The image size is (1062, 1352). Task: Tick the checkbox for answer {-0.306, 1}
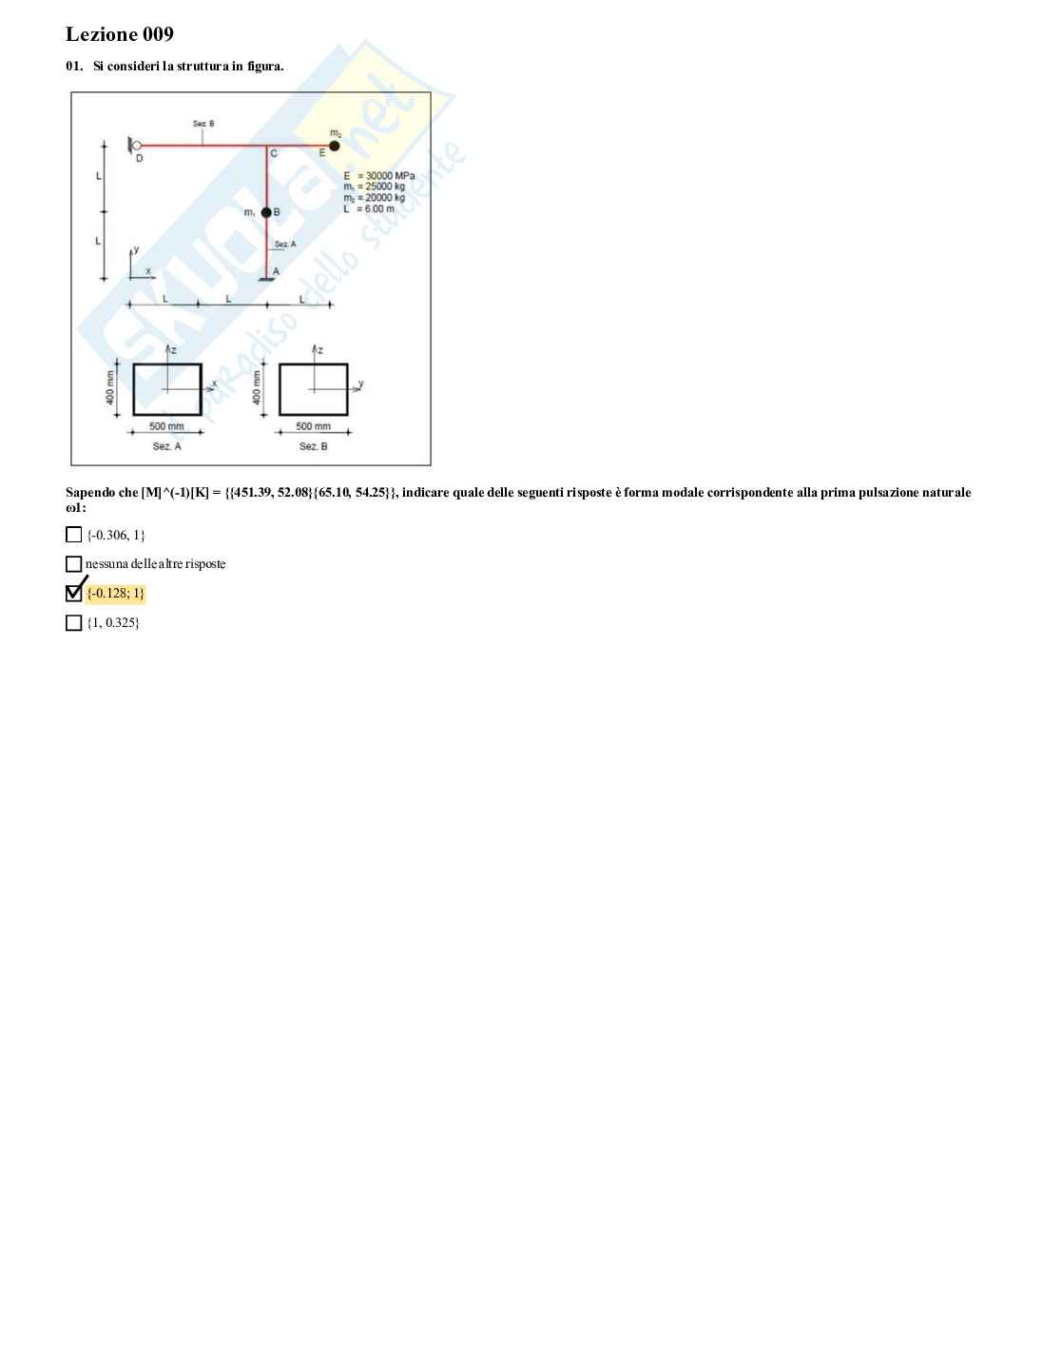73,535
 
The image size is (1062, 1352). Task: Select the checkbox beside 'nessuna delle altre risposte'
73,563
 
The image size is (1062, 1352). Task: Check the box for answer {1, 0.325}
73,623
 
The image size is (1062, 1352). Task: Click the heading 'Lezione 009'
120,33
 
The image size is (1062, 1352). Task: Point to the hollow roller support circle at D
137,146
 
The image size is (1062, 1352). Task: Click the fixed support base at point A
267,280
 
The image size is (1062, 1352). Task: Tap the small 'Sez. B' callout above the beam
203,124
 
